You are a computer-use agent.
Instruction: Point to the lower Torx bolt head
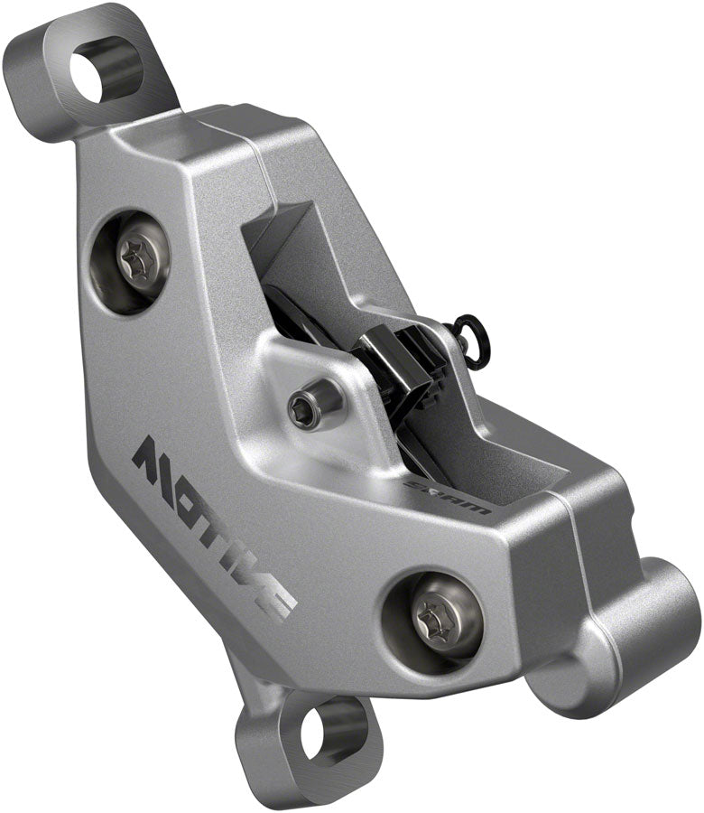coord(433,619)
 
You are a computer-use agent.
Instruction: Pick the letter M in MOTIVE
coord(154,456)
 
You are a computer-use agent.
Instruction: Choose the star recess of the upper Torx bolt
coord(142,260)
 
